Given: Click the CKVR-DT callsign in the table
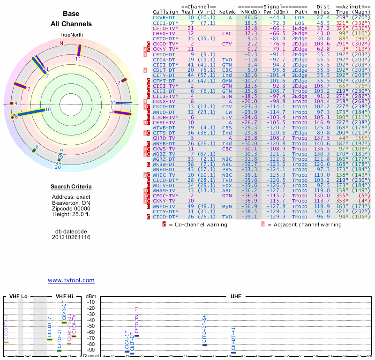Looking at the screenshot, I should (164, 17).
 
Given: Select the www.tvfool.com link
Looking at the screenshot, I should (71, 280).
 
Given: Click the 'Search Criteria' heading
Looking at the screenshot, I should (71, 187).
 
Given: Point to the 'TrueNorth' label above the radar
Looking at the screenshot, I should (71, 35).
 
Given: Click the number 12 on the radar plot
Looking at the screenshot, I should (111, 112).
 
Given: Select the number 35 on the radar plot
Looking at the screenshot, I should (113, 103).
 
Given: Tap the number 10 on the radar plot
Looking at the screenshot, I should (48, 110).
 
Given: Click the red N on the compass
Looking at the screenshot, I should (61, 44).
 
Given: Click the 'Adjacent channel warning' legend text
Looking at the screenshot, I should (304, 225).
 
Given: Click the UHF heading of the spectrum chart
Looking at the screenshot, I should (236, 297).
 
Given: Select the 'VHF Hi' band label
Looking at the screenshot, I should (65, 297).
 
